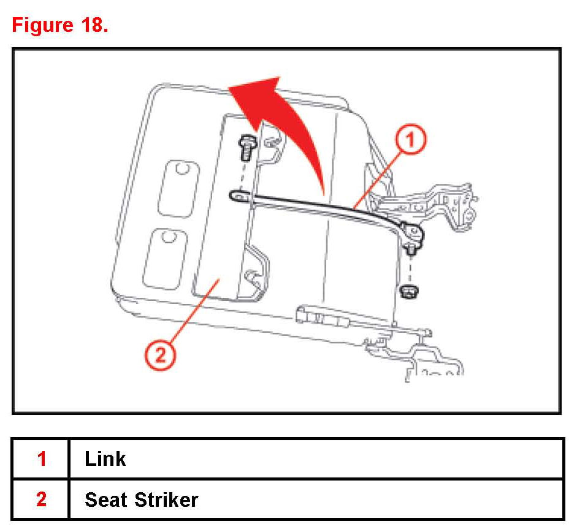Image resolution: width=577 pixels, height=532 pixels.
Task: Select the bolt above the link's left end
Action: pyautogui.click(x=245, y=147)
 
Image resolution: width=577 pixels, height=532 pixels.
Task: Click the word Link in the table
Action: pyautogui.click(x=105, y=458)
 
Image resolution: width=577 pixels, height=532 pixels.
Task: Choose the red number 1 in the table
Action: pyautogui.click(x=41, y=458)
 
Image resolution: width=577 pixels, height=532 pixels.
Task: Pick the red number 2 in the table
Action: pyautogui.click(x=41, y=500)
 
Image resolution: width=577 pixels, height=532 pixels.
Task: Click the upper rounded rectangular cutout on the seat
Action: pyautogui.click(x=178, y=188)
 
